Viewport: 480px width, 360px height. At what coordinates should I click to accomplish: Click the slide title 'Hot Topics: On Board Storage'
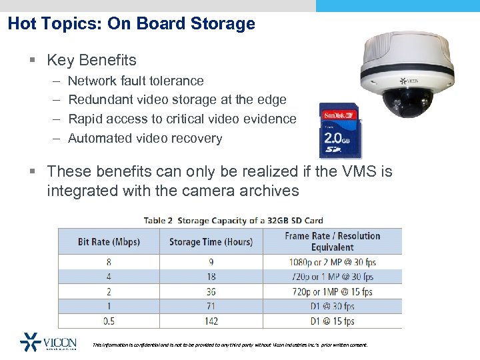(x=131, y=24)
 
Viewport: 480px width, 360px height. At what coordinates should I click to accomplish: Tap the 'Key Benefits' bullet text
(x=91, y=60)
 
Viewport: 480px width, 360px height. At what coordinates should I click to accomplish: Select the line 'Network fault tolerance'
(x=136, y=81)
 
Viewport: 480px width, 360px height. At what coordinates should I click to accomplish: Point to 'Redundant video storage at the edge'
(x=177, y=100)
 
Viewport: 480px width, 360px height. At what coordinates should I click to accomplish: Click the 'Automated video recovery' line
(x=145, y=139)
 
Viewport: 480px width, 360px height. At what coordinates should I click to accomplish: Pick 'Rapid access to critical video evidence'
(x=182, y=119)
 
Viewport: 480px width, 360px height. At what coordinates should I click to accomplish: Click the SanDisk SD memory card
(x=339, y=130)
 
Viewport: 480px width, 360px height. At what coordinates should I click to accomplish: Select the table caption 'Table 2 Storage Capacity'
(x=233, y=220)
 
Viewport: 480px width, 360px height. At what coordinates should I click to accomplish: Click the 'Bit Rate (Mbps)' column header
(x=109, y=241)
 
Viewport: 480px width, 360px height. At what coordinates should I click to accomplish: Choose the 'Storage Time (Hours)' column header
(x=211, y=241)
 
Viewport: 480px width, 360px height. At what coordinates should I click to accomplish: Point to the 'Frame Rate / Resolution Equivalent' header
(x=332, y=241)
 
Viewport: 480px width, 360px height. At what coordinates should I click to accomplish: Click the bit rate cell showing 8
(x=109, y=262)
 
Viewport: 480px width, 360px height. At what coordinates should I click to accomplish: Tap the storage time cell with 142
(x=211, y=321)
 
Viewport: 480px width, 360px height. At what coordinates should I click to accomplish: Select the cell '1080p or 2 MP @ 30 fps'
(x=332, y=262)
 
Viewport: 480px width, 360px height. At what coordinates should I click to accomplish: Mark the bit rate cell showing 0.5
(x=109, y=321)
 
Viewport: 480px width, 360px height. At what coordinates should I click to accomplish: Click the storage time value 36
(x=211, y=291)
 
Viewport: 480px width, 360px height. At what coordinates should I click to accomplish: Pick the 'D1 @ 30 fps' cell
(x=332, y=306)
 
